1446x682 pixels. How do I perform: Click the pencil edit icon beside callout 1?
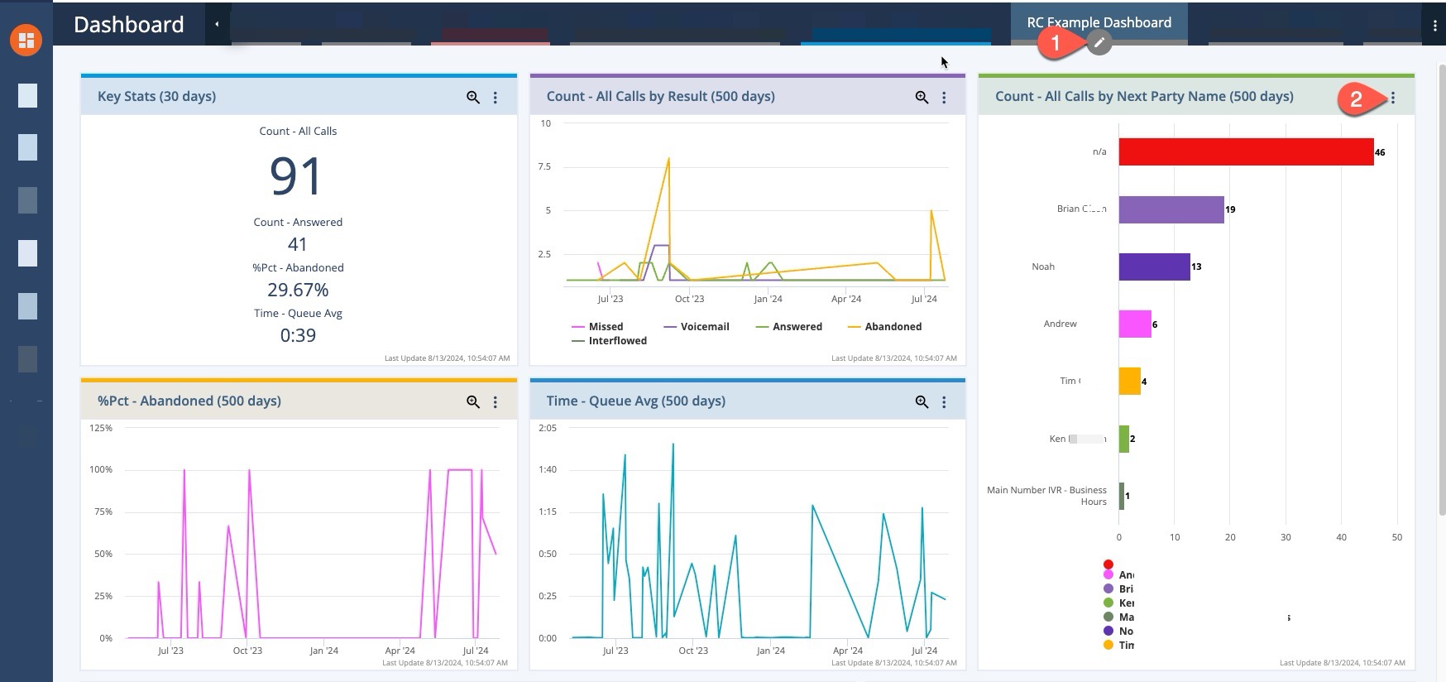click(1099, 42)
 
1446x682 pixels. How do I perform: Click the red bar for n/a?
click(1245, 151)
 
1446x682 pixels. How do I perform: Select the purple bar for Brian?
click(1171, 209)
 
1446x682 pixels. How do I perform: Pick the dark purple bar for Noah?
click(1154, 267)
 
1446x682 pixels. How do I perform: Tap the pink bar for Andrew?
click(1134, 324)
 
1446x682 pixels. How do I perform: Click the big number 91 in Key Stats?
click(296, 175)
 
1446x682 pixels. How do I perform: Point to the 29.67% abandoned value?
click(298, 290)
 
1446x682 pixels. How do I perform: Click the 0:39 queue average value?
click(298, 335)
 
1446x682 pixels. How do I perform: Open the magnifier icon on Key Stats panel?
click(473, 97)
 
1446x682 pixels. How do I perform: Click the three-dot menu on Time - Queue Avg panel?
click(944, 401)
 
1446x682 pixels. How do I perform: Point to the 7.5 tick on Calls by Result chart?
click(543, 166)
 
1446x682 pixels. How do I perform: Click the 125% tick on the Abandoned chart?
click(101, 428)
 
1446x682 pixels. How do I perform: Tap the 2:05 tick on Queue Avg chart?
click(547, 428)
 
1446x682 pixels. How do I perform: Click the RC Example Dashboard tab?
click(1099, 22)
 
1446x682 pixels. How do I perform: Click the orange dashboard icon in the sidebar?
click(26, 39)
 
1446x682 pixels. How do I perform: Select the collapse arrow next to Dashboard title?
click(217, 24)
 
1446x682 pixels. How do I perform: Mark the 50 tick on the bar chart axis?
click(1396, 537)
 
